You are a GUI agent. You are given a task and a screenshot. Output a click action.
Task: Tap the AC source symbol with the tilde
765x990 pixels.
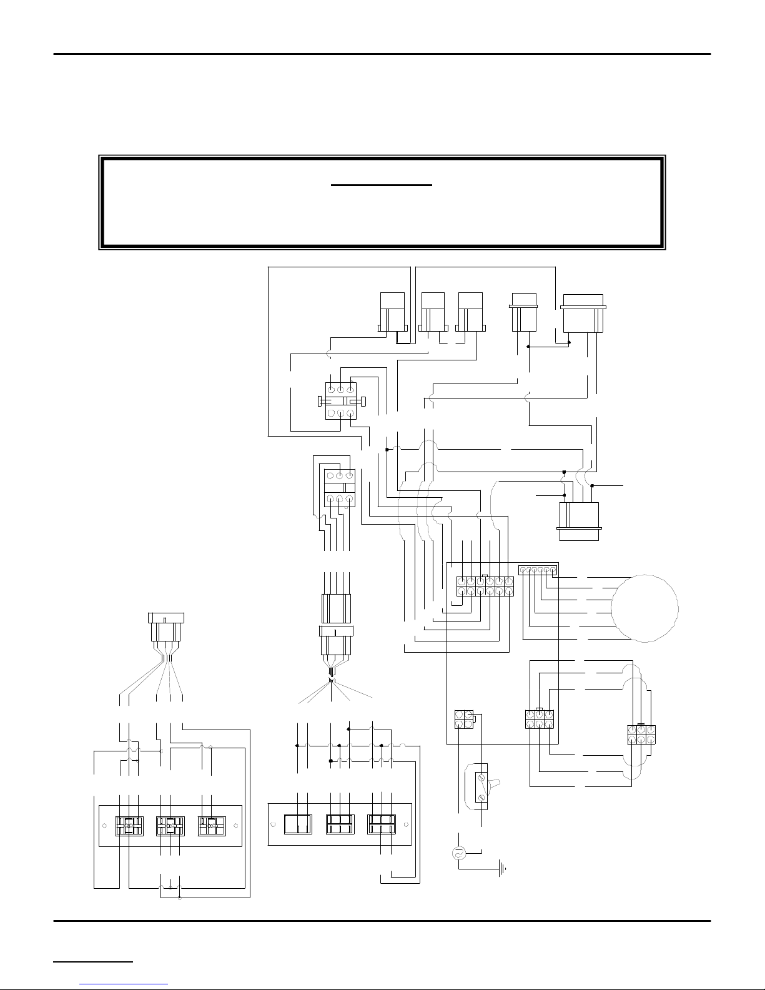coord(460,854)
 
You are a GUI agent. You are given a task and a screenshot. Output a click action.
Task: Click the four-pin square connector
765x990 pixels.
coord(464,720)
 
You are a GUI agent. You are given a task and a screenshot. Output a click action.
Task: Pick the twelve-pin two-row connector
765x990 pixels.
coord(485,586)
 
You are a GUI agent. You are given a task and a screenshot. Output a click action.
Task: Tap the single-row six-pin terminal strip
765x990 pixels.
coord(538,570)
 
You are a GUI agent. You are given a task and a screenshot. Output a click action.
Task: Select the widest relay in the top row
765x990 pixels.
coord(583,314)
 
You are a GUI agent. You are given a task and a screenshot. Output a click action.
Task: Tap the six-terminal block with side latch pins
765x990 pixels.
coord(340,400)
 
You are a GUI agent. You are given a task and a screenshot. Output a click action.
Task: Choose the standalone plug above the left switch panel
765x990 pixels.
coord(165,629)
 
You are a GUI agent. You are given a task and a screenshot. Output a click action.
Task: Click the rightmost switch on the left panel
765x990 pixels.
coord(212,826)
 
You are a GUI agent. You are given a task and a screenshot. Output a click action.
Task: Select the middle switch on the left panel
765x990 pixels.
coord(170,826)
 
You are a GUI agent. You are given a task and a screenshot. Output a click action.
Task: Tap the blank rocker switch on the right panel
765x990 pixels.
coord(297,824)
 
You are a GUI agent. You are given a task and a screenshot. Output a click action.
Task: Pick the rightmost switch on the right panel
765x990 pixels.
coord(382,824)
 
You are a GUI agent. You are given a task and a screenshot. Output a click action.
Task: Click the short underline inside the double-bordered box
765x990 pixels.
coord(382,186)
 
